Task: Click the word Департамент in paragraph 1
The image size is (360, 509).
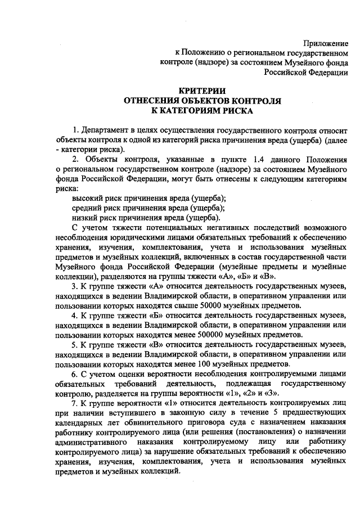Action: click(110, 130)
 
